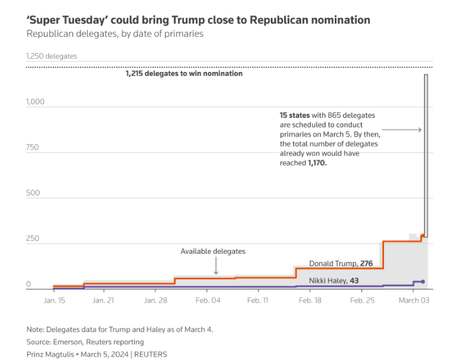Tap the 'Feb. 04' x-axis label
(x=207, y=300)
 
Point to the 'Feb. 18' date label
(x=309, y=300)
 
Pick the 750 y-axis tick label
(x=32, y=147)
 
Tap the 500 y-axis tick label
(x=32, y=193)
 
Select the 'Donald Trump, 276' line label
(x=341, y=264)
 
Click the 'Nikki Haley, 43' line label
(x=334, y=280)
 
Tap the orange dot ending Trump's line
(x=423, y=236)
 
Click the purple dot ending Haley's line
(x=423, y=281)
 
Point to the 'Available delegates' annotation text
(x=212, y=251)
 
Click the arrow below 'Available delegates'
(x=216, y=267)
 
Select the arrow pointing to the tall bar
(x=406, y=130)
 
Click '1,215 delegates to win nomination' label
(x=184, y=74)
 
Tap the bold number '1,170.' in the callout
(x=317, y=164)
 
